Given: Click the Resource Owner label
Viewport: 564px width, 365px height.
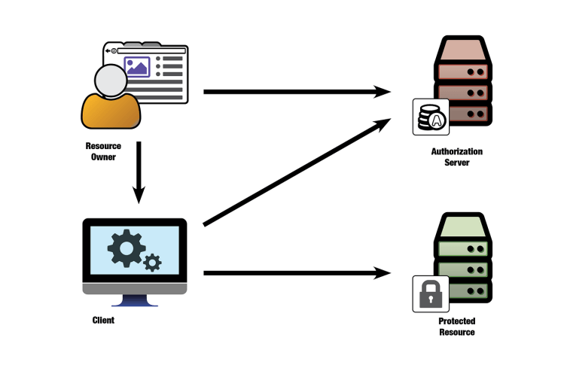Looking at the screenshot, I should [x=105, y=151].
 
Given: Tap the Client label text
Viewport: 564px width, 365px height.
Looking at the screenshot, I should [x=102, y=320].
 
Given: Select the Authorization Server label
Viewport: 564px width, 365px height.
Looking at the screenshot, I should [x=456, y=157].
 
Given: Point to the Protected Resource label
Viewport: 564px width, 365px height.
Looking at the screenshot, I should [x=456, y=326].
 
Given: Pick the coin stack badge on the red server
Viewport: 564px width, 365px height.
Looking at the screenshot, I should [x=431, y=117].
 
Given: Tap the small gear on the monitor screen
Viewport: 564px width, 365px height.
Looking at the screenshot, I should [x=153, y=263].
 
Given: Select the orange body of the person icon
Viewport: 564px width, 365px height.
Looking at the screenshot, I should [x=111, y=111].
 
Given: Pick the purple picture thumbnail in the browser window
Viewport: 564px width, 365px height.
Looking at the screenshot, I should [x=138, y=67].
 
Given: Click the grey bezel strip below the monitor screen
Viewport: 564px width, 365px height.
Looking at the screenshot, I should [x=135, y=288].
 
